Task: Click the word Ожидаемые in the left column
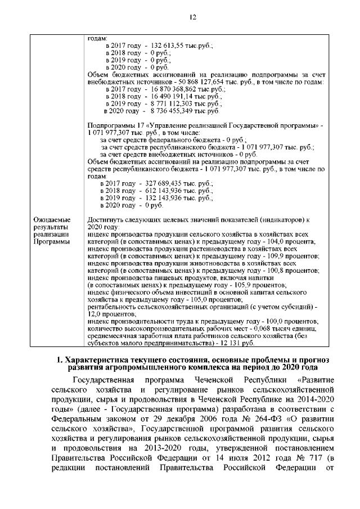click(52, 219)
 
